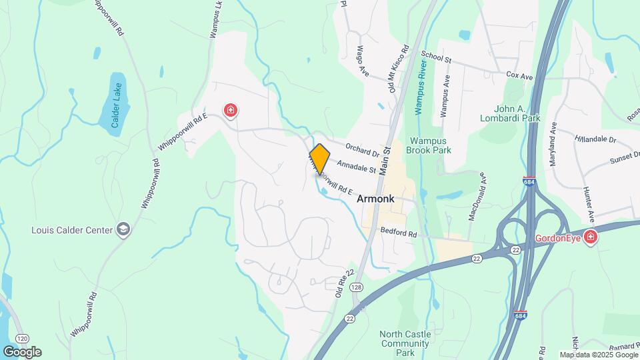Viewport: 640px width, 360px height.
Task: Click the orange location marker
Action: [x=319, y=159]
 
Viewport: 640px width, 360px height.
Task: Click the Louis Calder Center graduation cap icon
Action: [x=123, y=230]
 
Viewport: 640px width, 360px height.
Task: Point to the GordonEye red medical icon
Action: [x=590, y=237]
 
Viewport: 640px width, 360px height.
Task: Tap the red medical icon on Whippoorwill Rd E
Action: [x=231, y=110]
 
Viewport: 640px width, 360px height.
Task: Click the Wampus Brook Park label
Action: [x=430, y=145]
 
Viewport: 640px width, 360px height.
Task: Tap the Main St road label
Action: [x=385, y=161]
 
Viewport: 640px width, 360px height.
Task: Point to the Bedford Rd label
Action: [x=399, y=233]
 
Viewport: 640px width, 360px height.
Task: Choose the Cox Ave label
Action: [x=519, y=77]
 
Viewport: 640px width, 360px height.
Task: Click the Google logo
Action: [x=22, y=351]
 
